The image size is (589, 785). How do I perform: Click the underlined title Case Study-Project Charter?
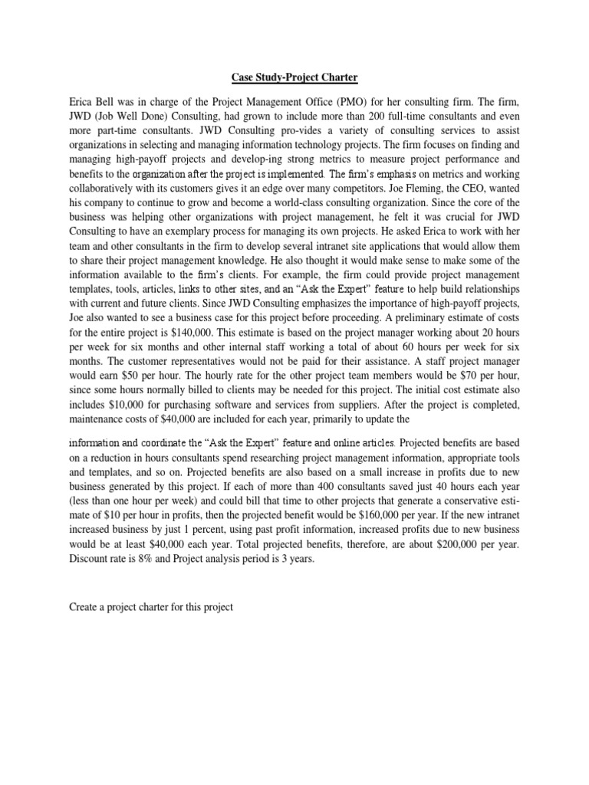click(x=294, y=77)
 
